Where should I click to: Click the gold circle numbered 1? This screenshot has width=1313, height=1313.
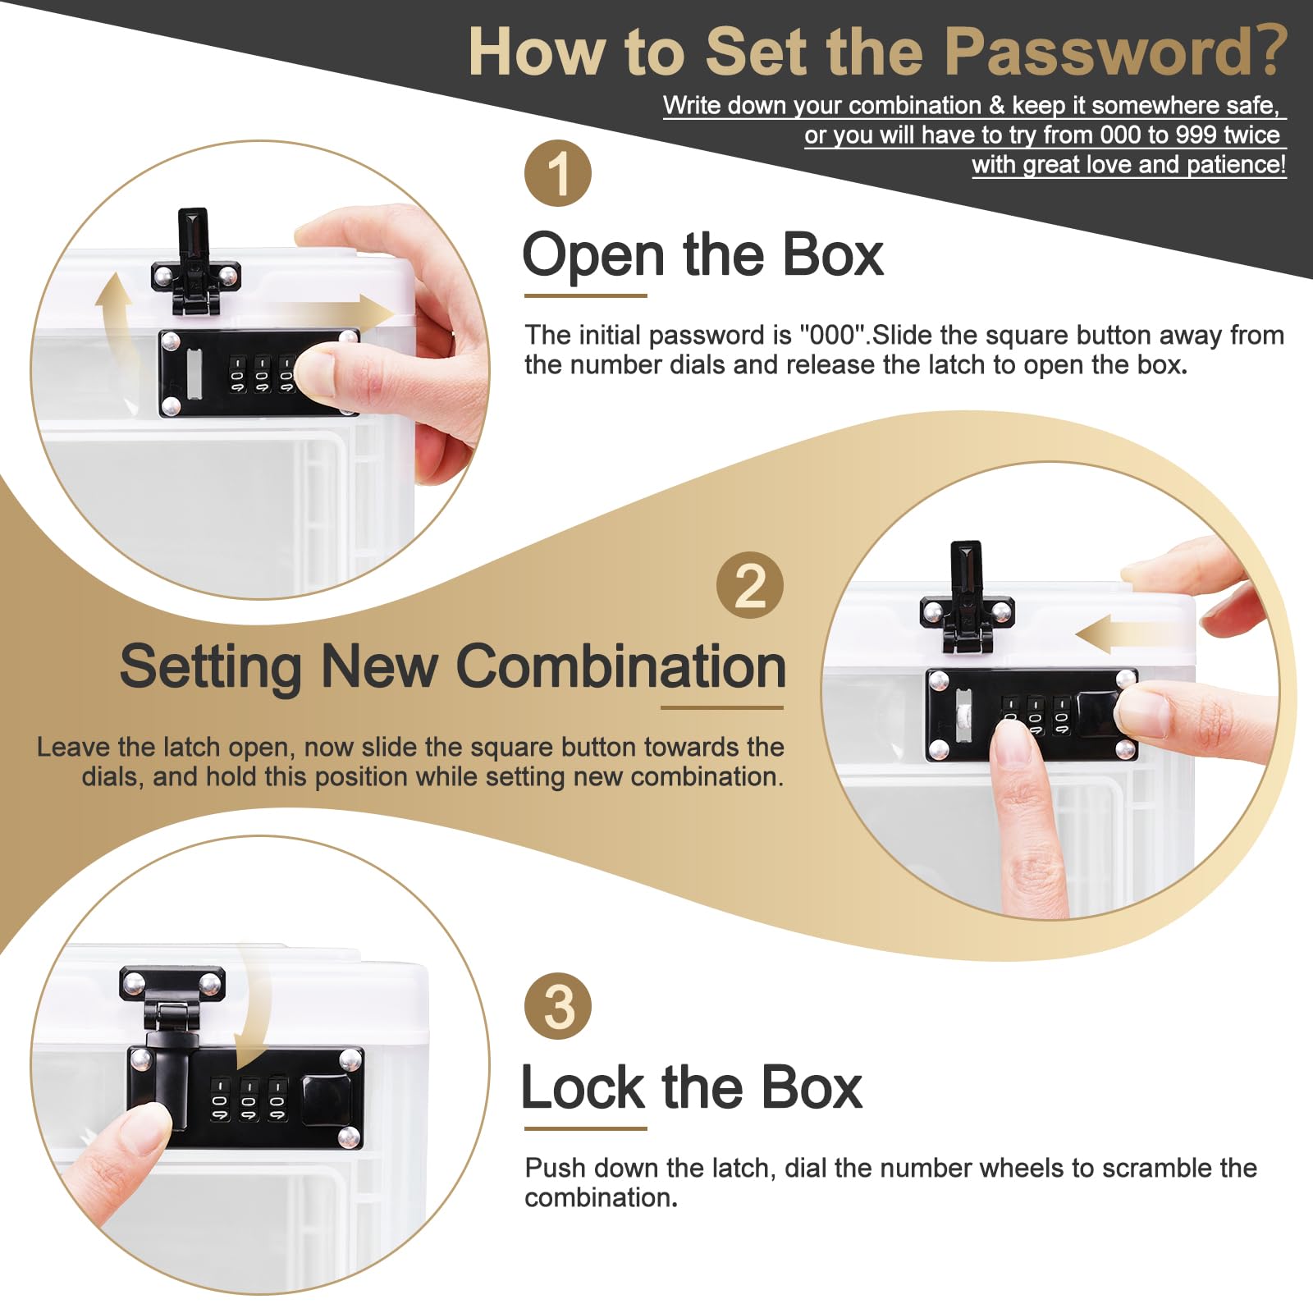(558, 173)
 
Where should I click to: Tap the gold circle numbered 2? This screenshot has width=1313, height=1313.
(750, 585)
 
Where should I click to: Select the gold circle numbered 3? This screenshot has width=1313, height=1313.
(558, 1006)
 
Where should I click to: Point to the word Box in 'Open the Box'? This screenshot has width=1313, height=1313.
(833, 254)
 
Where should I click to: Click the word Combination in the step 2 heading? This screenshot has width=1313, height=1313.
(621, 666)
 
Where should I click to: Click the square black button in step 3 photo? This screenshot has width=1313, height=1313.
(326, 1099)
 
